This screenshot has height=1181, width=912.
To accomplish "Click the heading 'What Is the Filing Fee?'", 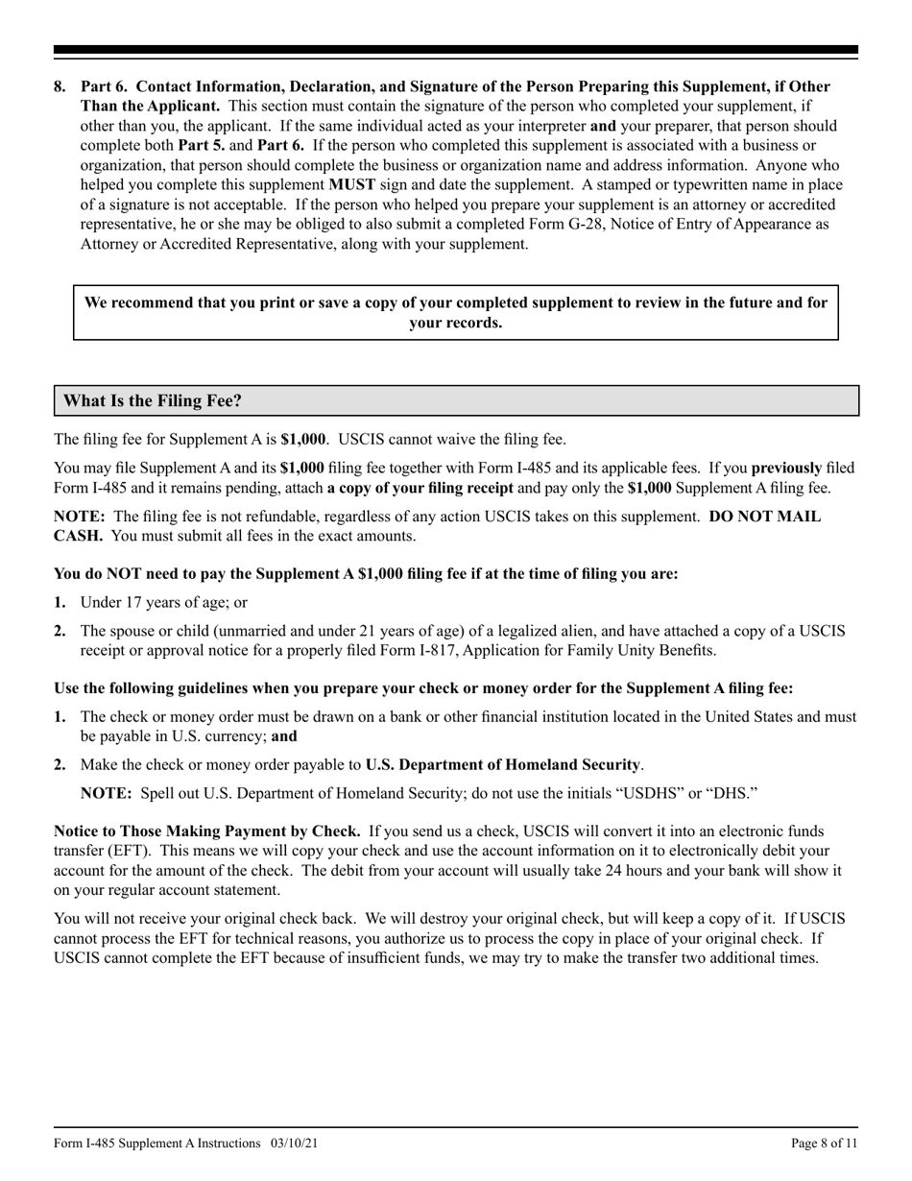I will click(x=147, y=400).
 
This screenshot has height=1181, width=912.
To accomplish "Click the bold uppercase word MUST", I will click(x=351, y=185).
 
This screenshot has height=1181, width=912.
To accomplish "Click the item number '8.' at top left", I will click(x=60, y=86).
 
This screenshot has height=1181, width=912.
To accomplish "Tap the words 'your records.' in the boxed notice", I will click(x=455, y=323).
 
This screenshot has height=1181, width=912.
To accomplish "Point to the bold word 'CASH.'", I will click(x=78, y=535).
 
